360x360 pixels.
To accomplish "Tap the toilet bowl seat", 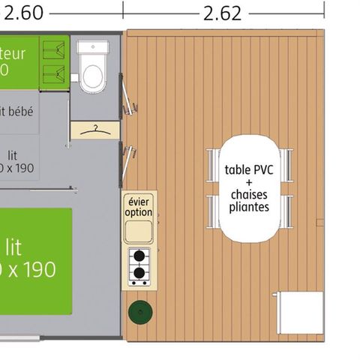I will point(92,76).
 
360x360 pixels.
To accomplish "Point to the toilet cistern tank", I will point(92,48).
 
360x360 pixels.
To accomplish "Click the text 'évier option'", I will point(139,206).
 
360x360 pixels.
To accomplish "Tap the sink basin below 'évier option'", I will point(139,231).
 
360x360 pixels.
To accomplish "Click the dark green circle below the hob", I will point(139,311).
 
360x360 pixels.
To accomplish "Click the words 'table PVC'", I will point(248,169).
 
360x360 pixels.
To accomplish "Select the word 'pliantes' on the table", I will point(248,206).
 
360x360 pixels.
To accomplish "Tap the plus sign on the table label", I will point(248,181).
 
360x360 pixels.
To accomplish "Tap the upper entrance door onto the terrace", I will point(131,97).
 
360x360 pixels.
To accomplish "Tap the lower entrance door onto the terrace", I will point(130,161).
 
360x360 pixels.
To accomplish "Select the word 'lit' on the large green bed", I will point(13,247).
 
